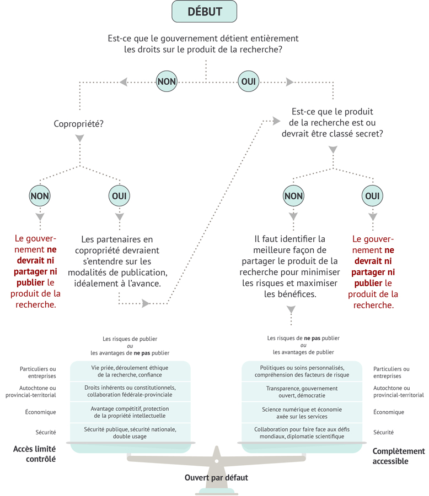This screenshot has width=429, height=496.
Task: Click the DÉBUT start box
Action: [205, 12]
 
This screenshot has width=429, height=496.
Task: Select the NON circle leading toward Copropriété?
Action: [167, 81]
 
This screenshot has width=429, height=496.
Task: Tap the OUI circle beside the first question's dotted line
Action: [248, 81]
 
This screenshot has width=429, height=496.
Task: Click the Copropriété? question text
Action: [79, 124]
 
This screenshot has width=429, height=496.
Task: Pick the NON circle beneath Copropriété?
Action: [40, 195]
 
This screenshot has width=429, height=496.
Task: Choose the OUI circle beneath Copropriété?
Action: [120, 195]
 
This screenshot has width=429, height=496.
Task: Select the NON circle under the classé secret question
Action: [293, 195]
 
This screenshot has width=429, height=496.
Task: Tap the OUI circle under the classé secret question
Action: [373, 195]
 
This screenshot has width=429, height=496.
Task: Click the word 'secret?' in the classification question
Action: [368, 134]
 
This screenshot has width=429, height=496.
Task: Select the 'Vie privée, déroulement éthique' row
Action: [130, 371]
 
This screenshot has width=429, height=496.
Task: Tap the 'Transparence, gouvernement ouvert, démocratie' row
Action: [301, 391]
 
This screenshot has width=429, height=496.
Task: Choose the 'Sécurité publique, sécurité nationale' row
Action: [130, 433]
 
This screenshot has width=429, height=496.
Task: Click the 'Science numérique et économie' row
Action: [301, 412]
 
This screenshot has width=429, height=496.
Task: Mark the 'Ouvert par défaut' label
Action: [216, 477]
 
